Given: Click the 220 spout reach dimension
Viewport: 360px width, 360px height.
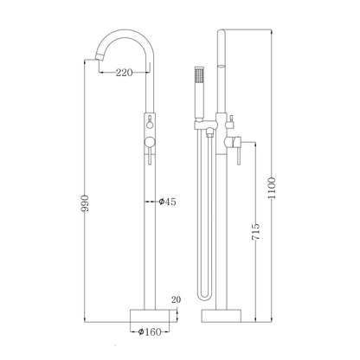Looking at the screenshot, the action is tap(125, 72).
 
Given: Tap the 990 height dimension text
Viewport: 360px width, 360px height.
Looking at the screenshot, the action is tap(85, 203).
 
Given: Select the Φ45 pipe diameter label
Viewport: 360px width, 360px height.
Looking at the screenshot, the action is tap(167, 202).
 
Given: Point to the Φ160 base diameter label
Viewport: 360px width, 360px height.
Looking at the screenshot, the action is tap(150, 332).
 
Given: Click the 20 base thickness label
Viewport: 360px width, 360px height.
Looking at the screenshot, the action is tap(177, 299).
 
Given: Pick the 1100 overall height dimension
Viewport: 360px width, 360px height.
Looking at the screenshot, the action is tap(272, 188).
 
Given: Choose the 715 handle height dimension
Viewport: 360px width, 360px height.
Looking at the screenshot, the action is tap(256, 231).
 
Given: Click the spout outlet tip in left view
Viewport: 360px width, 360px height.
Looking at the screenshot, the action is tap(99, 57).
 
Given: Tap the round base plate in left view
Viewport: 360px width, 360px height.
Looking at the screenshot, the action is tap(150, 316).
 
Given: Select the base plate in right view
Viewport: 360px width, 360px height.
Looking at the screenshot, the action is tap(222, 316).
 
